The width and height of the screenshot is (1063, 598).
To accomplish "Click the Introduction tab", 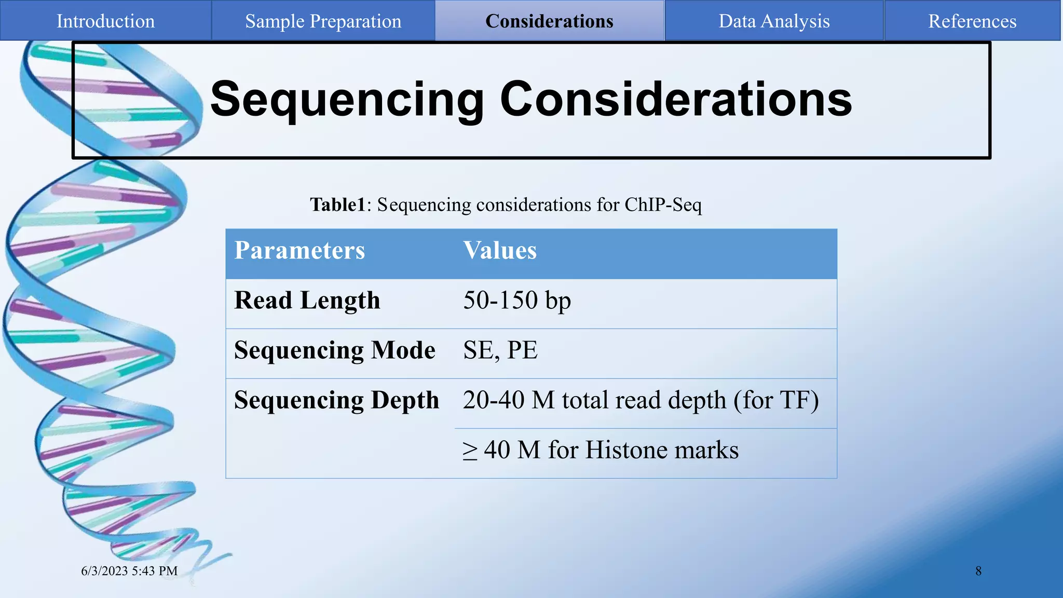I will [105, 21].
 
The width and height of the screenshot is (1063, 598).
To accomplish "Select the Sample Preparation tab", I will [323, 21].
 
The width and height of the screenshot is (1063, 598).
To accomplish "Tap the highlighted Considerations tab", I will [549, 21].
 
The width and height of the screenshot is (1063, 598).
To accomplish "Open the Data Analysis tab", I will [774, 21].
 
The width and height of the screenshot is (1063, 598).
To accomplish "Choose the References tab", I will [972, 21].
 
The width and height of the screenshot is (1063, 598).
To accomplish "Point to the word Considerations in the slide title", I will [675, 99].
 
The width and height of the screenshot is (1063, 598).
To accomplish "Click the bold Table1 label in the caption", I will [338, 205].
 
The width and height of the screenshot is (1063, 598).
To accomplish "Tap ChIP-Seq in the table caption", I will [663, 205].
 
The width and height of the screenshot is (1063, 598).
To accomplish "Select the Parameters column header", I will [299, 250].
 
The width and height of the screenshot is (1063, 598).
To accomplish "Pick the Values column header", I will [499, 250].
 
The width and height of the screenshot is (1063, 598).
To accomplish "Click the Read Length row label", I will [307, 300].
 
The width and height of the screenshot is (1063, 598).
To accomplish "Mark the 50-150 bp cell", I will [517, 300].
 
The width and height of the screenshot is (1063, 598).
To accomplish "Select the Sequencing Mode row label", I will [334, 350].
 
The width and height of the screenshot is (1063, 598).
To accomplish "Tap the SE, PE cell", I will [500, 350].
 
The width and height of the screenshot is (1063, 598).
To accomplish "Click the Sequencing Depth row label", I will [336, 400].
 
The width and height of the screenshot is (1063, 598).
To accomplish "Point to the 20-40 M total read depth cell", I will [640, 400].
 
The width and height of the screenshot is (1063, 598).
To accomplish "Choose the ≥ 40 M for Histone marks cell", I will [601, 450].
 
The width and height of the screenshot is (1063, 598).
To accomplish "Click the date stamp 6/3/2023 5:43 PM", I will [129, 570].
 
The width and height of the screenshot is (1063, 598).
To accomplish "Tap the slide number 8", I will [978, 570].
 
